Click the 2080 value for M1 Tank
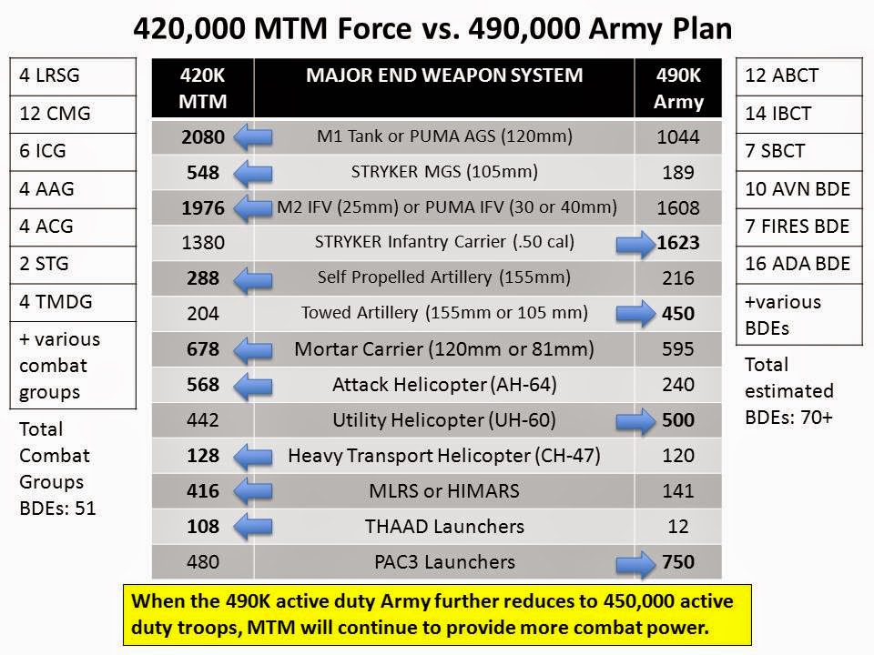click(203, 137)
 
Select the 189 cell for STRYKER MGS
click(677, 173)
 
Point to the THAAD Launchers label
click(445, 527)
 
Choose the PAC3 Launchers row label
click(445, 562)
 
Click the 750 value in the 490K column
click(677, 562)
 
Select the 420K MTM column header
click(203, 88)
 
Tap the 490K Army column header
click(677, 88)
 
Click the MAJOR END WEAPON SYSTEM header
click(444, 76)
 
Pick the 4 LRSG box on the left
click(73, 76)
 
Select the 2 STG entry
click(73, 265)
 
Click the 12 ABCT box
click(798, 76)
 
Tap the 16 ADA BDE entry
click(798, 264)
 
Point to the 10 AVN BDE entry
click(798, 189)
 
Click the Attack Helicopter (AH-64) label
click(445, 385)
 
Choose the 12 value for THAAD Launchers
click(677, 527)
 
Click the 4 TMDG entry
click(73, 302)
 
